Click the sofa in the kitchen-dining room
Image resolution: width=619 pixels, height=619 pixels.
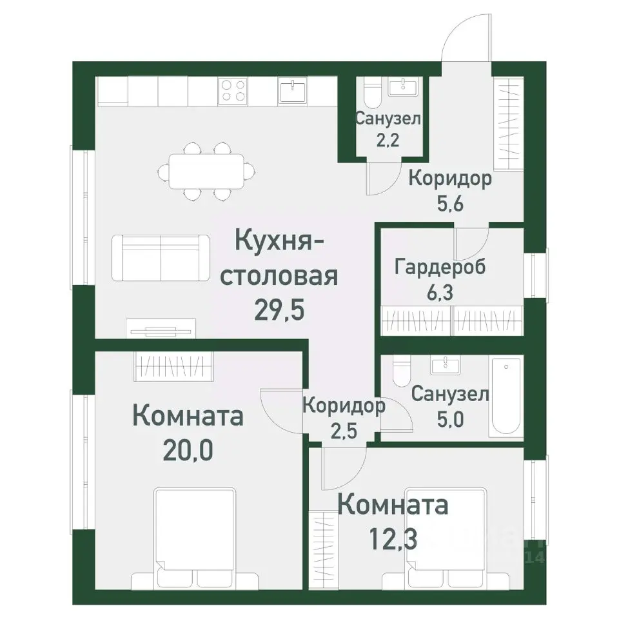pyautogui.click(x=161, y=258)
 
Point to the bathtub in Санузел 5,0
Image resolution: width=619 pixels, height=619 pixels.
pyautogui.click(x=507, y=398)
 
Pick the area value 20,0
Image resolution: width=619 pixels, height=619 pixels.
pyautogui.click(x=187, y=447)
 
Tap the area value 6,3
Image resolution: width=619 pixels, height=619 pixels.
pyautogui.click(x=440, y=291)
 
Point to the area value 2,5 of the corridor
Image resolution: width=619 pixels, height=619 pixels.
pyautogui.click(x=344, y=431)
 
